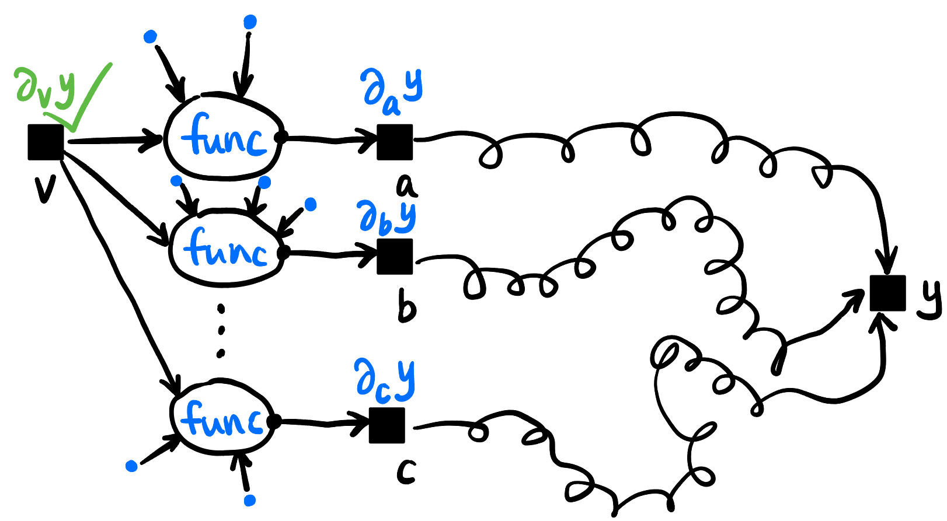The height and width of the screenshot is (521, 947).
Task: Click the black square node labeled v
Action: [x=46, y=142]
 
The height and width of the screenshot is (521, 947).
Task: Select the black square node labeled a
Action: [x=395, y=142]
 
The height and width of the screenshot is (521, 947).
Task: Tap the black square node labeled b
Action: [x=395, y=256]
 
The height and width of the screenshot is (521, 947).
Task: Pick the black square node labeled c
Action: [x=387, y=425]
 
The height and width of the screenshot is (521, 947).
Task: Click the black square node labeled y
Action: [x=887, y=293]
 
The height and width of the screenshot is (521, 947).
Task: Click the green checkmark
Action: [x=88, y=99]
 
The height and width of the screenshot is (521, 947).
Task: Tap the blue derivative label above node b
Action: [x=387, y=217]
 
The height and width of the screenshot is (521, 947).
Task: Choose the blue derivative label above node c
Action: [x=385, y=380]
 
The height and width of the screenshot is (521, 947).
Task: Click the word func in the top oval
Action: [x=223, y=138]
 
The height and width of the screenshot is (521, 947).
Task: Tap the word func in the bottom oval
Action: [x=222, y=419]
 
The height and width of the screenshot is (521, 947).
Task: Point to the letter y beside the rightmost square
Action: [x=928, y=298]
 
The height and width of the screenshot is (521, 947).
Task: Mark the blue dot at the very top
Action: [x=250, y=22]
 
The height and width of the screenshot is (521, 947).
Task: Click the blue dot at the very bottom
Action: [x=250, y=500]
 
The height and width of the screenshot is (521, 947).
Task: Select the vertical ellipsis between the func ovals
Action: [x=221, y=330]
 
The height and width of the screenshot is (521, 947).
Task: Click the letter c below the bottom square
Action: [x=406, y=471]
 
